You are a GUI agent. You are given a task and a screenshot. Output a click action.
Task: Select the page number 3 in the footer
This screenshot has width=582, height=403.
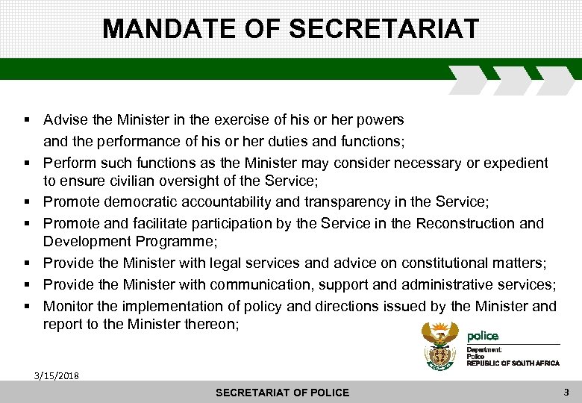[x=566, y=391]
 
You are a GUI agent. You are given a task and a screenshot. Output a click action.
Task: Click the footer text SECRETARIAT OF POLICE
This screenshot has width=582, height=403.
[x=282, y=393]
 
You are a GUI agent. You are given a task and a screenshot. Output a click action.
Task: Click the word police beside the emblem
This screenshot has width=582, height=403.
[x=483, y=336]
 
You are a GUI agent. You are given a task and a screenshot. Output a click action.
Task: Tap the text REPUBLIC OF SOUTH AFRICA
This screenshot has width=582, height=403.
[x=513, y=363]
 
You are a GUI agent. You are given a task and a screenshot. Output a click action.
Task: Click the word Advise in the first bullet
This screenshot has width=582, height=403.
[x=63, y=119]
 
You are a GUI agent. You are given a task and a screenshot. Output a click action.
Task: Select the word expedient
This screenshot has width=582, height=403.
[x=518, y=163]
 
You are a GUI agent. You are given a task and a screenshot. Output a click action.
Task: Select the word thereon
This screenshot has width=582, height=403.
[x=211, y=324]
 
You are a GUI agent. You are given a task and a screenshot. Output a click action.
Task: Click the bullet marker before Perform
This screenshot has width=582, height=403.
[x=26, y=163]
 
